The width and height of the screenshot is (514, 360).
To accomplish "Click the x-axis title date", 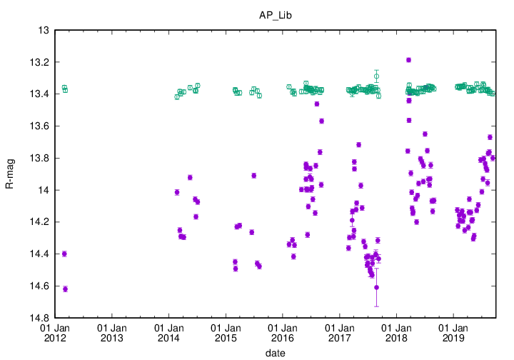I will point(276,352).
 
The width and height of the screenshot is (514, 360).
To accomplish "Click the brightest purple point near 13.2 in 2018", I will point(408,60).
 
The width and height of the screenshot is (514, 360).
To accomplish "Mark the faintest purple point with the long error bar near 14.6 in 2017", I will point(376,287).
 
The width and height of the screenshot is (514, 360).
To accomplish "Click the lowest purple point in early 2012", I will point(66,289).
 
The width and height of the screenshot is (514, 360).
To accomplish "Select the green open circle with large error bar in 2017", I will point(376,76).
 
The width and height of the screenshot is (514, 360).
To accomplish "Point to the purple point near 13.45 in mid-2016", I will point(316,104).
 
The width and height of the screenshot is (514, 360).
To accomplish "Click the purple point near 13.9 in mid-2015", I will point(253,175).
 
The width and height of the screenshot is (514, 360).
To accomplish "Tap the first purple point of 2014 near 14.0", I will point(177,192).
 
